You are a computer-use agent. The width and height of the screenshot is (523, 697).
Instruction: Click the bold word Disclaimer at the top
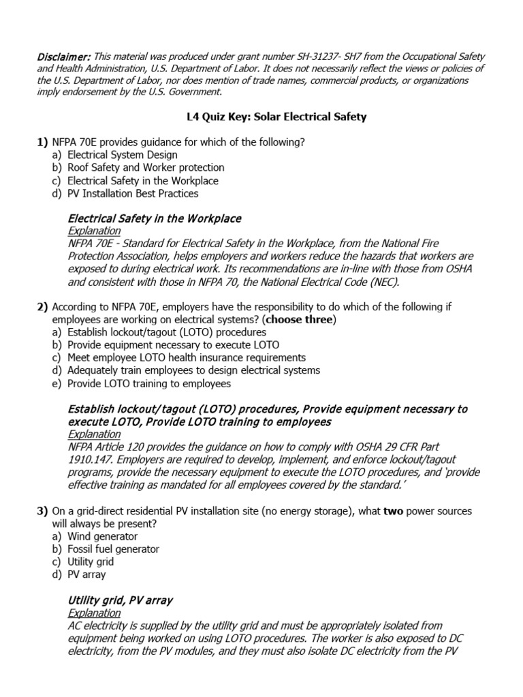click(64, 56)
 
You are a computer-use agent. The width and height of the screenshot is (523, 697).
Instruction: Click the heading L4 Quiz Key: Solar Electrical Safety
click(276, 117)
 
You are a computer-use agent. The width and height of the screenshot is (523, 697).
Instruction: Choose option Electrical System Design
click(123, 155)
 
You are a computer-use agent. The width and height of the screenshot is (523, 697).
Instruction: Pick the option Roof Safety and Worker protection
click(146, 167)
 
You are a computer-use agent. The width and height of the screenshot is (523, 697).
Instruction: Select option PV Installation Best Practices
click(133, 193)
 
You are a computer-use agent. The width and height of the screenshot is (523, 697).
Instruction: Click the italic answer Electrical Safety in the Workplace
click(155, 218)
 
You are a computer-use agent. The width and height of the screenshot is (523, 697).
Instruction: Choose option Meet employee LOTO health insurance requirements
click(187, 357)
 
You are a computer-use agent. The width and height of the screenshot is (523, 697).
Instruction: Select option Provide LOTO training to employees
click(149, 383)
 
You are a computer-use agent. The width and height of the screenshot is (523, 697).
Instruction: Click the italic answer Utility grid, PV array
click(120, 600)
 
